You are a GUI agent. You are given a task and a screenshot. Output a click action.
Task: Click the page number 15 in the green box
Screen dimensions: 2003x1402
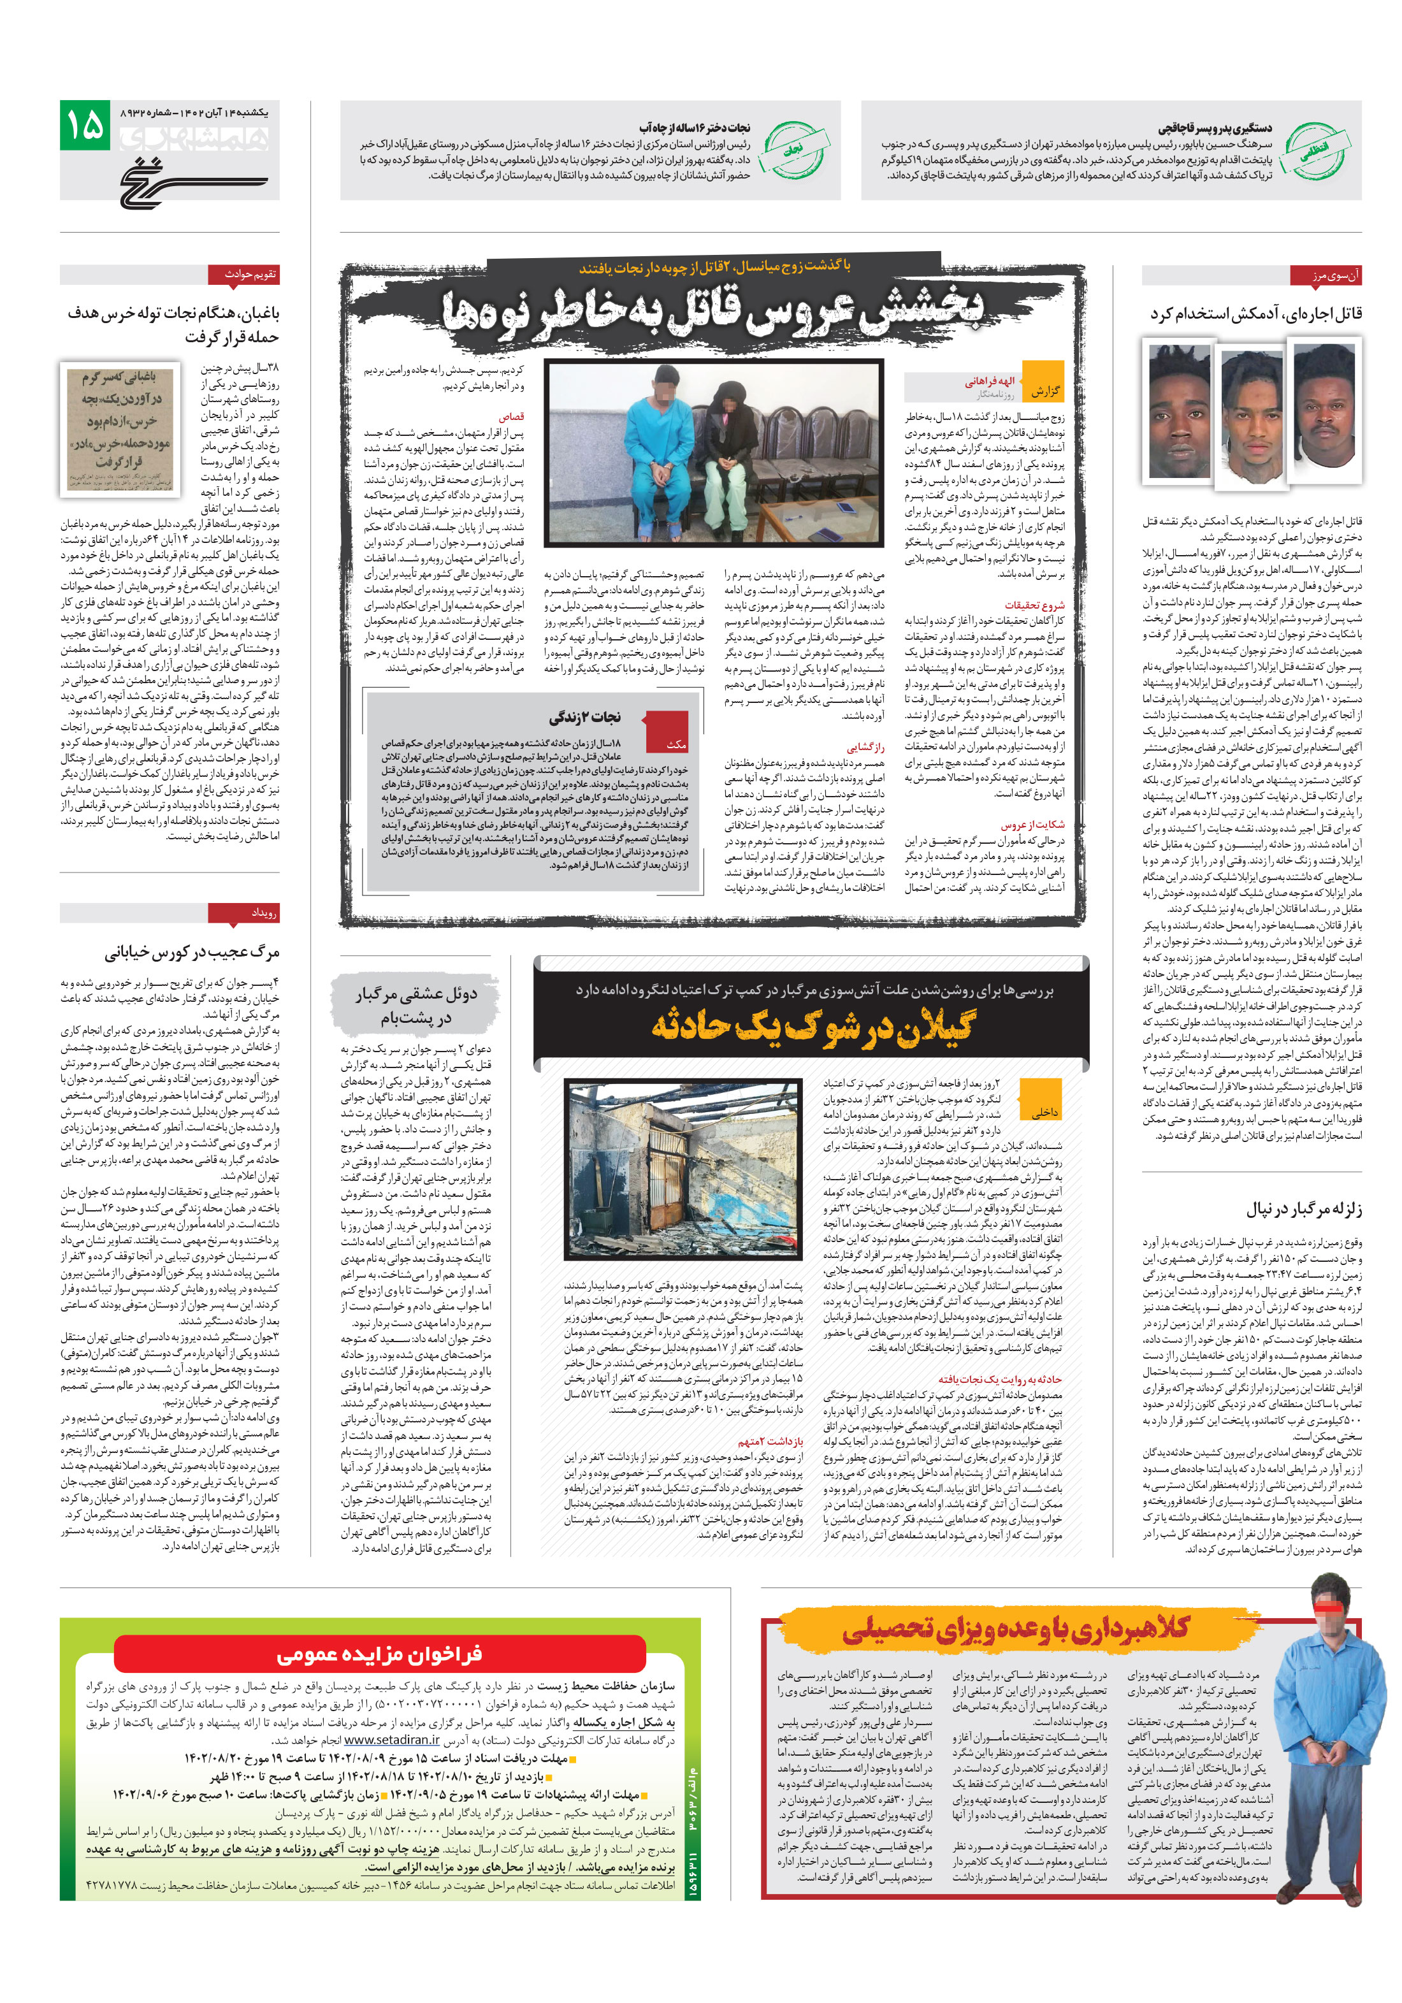[x=85, y=126]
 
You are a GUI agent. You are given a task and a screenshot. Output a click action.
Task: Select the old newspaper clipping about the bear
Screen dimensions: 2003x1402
[x=121, y=428]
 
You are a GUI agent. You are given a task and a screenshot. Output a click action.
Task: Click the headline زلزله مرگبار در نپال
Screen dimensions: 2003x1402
[x=1303, y=1208]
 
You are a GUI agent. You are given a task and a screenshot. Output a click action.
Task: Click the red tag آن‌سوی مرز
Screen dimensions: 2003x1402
[x=1324, y=276]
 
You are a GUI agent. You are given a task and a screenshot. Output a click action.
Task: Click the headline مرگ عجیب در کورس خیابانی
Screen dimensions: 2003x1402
[x=191, y=951]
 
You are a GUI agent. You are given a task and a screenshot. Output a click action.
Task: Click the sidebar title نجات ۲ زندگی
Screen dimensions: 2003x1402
[x=584, y=717]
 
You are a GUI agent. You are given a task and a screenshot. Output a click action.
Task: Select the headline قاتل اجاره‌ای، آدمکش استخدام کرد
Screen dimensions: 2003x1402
[x=1255, y=313]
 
